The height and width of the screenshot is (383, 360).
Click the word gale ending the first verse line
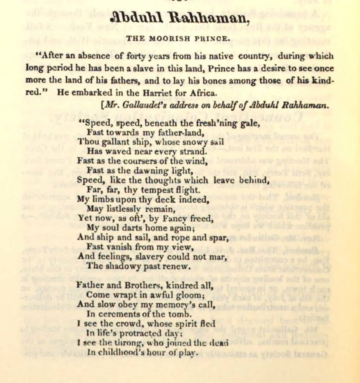click(x=247, y=123)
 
